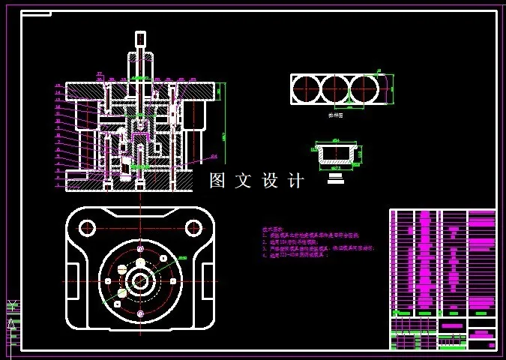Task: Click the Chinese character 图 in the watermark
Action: pos(217,181)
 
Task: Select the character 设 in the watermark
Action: pos(270,181)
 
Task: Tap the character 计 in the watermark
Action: pos(296,181)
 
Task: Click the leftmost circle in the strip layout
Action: pos(306,89)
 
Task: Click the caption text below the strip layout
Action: pos(336,116)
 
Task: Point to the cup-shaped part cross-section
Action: pos(335,155)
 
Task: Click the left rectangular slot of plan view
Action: pos(75,280)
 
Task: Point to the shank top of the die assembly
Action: pos(140,39)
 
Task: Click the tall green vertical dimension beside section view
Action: pos(223,131)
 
